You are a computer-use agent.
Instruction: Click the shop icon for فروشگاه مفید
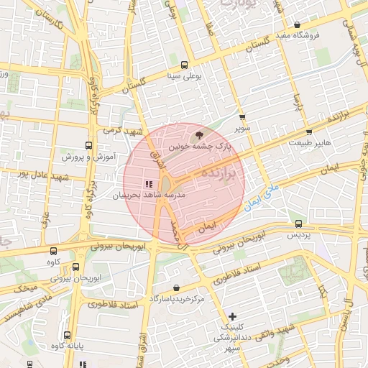[x=297, y=25]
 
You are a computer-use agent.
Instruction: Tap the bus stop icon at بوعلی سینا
[x=185, y=64]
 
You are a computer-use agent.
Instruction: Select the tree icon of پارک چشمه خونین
[x=199, y=134]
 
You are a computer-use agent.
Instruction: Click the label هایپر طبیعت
[x=310, y=143]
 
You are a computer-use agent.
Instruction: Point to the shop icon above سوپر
[x=241, y=116]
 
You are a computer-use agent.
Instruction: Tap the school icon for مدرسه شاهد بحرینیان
[x=148, y=184]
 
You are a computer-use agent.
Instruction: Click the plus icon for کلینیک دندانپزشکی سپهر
[x=232, y=316]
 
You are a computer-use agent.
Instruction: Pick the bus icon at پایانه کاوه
[x=67, y=336]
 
